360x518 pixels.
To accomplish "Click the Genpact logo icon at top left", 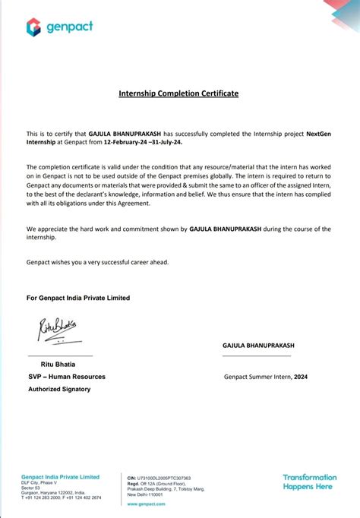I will (x=33, y=27).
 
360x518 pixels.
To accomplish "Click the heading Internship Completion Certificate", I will (x=178, y=93).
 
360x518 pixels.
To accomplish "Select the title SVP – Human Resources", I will (x=67, y=377).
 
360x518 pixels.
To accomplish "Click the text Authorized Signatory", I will (x=59, y=389).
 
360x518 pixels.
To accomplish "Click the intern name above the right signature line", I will (x=258, y=346).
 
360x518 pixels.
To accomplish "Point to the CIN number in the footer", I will (x=159, y=479).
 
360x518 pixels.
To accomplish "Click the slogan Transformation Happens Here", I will (x=308, y=482).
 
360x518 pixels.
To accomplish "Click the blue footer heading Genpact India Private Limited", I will (x=60, y=477).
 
